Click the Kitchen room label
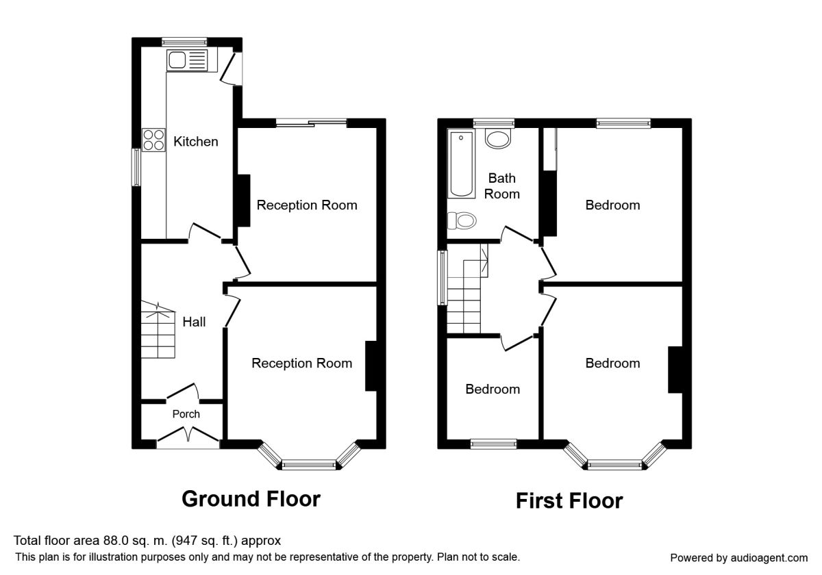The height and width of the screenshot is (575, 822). click(196, 142)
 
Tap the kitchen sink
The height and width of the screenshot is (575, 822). click(186, 60)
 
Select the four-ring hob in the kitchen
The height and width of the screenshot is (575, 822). click(153, 140)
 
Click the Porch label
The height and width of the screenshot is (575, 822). click(186, 414)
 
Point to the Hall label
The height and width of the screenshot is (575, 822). click(194, 321)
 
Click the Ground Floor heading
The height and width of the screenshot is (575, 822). click(251, 499)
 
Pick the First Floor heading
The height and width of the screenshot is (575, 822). click(569, 501)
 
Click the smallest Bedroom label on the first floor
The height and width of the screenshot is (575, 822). click(493, 389)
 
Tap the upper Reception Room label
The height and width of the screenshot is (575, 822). click(307, 205)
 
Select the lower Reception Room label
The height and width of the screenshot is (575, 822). click(302, 363)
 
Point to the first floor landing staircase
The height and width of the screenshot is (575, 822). click(466, 291)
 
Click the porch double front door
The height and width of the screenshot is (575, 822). click(188, 436)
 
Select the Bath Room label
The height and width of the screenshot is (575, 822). click(502, 186)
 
